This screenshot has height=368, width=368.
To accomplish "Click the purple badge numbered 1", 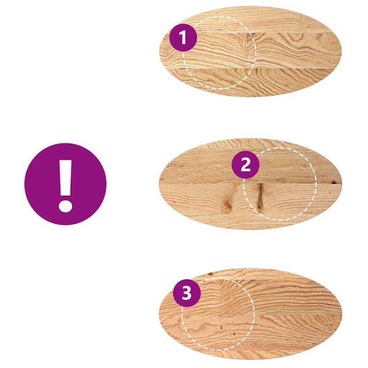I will [x=183, y=37].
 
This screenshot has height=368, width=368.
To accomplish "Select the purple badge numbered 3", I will [x=187, y=293].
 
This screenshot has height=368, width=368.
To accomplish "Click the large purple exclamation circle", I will [x=65, y=184].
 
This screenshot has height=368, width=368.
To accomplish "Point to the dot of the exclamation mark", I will [x=65, y=205].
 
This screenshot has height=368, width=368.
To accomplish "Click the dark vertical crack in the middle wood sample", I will [x=260, y=197].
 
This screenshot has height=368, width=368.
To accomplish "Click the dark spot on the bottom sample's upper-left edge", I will [x=211, y=275].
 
